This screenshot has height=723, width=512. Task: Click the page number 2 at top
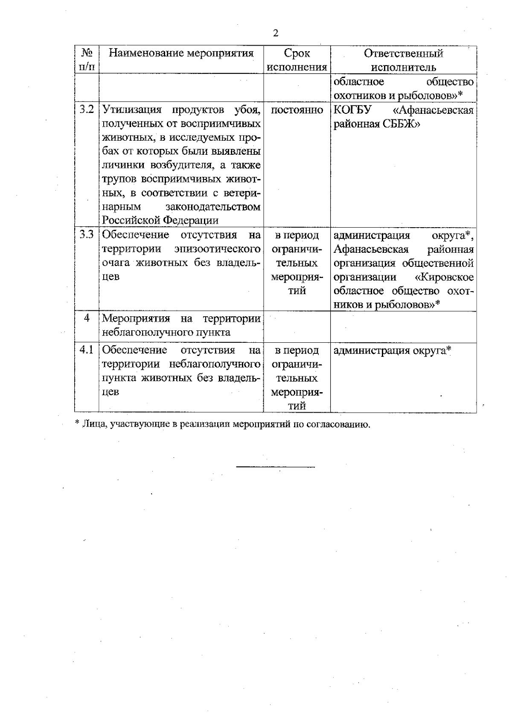276,33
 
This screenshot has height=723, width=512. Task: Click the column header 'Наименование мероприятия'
181,53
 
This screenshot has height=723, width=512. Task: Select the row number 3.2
87,110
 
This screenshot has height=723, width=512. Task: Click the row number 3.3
87,235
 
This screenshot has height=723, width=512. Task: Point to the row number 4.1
87,350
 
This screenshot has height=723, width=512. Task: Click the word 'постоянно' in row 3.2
297,110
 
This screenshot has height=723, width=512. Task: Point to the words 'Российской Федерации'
160,220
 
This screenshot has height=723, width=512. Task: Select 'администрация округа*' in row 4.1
392,351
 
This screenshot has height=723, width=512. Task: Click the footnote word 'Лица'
92,425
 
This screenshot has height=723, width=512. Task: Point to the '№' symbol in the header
87,53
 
